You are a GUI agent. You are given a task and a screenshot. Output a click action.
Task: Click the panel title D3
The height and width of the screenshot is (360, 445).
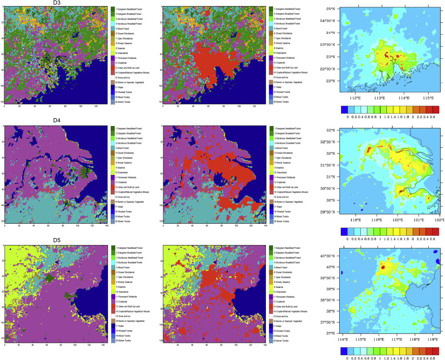tap(56, 3)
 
